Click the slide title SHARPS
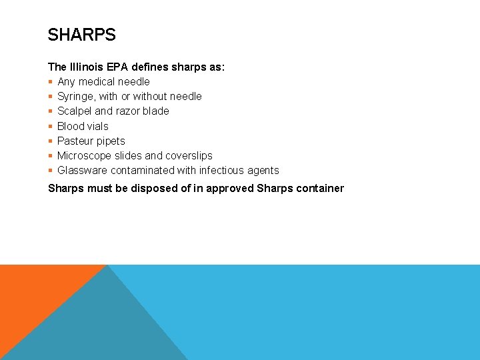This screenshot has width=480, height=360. point(82,35)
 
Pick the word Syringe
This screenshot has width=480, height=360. point(76,96)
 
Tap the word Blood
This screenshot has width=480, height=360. point(71,126)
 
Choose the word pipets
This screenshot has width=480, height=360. point(110,141)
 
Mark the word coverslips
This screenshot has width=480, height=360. point(189,155)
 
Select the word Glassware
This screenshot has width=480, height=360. point(83,170)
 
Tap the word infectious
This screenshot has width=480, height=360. point(222,170)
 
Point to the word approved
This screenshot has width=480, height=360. point(230,188)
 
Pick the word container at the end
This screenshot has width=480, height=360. point(318,188)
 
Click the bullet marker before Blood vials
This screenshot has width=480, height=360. point(51,126)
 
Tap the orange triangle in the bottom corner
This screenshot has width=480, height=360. point(33,293)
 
